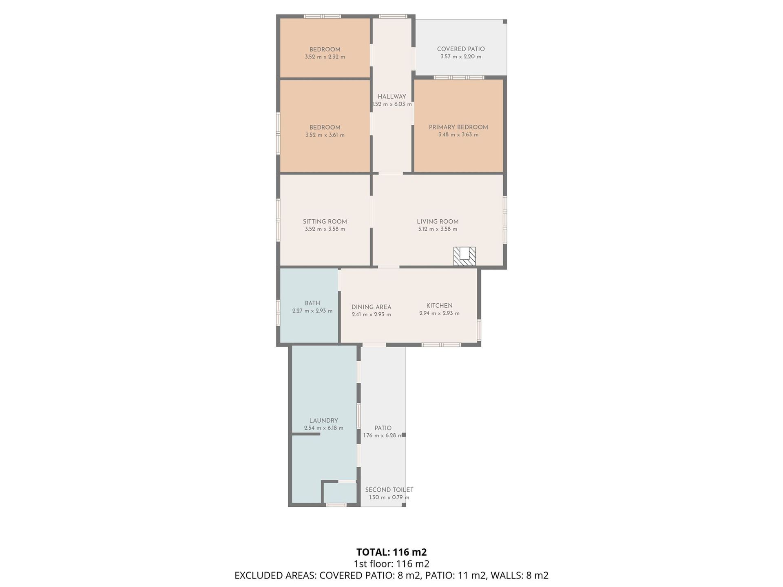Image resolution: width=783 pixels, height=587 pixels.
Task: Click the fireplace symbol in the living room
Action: pyautogui.click(x=464, y=256)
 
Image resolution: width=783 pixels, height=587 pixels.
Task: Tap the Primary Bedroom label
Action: pyautogui.click(x=458, y=127)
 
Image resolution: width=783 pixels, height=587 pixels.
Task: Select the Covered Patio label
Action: pyautogui.click(x=461, y=49)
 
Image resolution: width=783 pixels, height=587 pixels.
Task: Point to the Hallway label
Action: pyautogui.click(x=392, y=97)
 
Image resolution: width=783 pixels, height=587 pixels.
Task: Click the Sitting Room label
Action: pyautogui.click(x=325, y=222)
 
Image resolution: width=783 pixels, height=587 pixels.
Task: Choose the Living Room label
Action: pyautogui.click(x=438, y=222)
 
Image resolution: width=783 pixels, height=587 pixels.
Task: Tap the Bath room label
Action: pyautogui.click(x=312, y=303)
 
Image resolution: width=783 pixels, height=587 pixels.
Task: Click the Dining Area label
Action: pyautogui.click(x=371, y=307)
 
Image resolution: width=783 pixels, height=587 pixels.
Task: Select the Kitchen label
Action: pyautogui.click(x=439, y=306)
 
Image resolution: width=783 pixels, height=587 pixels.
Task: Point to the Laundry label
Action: pyautogui.click(x=324, y=421)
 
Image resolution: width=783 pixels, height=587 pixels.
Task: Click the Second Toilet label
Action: pyautogui.click(x=389, y=490)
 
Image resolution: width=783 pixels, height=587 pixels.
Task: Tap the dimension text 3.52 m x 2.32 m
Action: pyautogui.click(x=325, y=57)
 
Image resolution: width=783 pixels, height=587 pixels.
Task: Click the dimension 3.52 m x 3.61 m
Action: pyautogui.click(x=325, y=135)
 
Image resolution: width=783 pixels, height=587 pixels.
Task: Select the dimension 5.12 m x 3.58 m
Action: pyautogui.click(x=438, y=229)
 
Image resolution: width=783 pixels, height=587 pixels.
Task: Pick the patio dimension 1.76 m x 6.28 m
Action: pyautogui.click(x=383, y=435)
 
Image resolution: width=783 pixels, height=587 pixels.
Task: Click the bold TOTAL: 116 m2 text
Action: pyautogui.click(x=391, y=552)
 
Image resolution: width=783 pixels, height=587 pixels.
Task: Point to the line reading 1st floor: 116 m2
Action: pyautogui.click(x=391, y=564)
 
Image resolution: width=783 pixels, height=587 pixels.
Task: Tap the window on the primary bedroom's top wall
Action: pyautogui.click(x=459, y=77)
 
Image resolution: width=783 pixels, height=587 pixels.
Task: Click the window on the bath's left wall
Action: pyautogui.click(x=278, y=313)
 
